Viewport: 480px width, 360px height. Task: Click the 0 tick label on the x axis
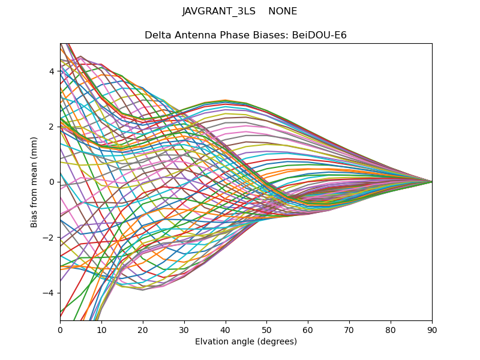pyautogui.click(x=60, y=329)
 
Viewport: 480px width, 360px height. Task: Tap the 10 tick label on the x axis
pyautogui.click(x=101, y=329)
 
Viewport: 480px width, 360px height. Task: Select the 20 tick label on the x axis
pyautogui.click(x=143, y=329)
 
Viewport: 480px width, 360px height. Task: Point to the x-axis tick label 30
pyautogui.click(x=184, y=329)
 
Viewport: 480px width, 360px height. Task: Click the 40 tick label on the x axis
pyautogui.click(x=226, y=329)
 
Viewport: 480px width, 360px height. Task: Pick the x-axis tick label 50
pyautogui.click(x=266, y=329)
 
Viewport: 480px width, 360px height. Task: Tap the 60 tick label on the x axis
pyautogui.click(x=308, y=329)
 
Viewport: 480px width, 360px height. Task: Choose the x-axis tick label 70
pyautogui.click(x=349, y=329)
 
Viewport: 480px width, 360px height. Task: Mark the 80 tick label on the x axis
pyautogui.click(x=391, y=329)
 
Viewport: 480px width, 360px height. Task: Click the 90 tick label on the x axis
pyautogui.click(x=432, y=329)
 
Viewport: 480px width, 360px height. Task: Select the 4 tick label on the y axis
pyautogui.click(x=52, y=71)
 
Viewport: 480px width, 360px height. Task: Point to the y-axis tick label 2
pyautogui.click(x=52, y=127)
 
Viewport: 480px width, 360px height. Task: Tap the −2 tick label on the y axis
pyautogui.click(x=49, y=238)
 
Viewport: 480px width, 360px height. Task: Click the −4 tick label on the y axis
pyautogui.click(x=49, y=293)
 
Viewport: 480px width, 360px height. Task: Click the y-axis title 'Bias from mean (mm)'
pyautogui.click(x=34, y=182)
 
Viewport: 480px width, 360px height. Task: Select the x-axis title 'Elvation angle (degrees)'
pyautogui.click(x=246, y=341)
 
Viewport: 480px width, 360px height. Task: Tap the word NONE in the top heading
pyautogui.click(x=283, y=11)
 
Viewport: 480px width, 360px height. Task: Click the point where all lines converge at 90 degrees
pyautogui.click(x=432, y=182)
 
